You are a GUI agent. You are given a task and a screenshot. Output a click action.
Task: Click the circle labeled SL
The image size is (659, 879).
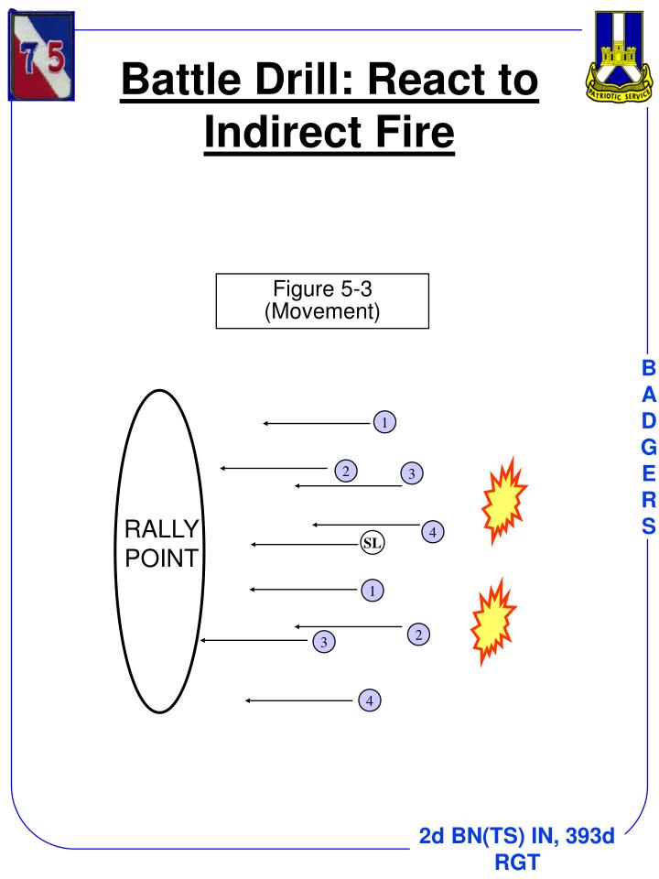372,543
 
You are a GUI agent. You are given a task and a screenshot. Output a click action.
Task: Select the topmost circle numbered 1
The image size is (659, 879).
385,422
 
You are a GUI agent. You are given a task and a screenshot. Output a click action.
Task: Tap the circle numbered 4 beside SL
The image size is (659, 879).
433,532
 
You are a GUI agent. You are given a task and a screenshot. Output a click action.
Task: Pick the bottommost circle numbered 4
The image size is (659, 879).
369,700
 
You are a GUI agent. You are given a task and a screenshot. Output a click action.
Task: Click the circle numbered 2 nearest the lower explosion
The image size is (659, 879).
418,634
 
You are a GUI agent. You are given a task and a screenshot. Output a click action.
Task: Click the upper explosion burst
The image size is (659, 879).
505,500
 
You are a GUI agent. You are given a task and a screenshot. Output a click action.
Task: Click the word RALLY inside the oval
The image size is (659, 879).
161,530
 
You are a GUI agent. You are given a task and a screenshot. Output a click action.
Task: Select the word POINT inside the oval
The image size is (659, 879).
161,559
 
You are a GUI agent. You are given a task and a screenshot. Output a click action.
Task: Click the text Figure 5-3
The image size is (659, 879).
322,290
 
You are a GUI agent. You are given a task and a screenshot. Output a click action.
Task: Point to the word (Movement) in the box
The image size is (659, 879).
322,311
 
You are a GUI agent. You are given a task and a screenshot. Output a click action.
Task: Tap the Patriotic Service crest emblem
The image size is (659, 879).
620,56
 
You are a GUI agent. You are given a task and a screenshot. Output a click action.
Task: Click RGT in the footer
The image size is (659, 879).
516,862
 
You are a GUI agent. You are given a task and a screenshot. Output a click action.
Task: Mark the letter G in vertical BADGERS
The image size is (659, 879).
648,448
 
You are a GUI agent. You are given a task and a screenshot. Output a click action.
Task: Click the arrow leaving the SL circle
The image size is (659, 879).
305,544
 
